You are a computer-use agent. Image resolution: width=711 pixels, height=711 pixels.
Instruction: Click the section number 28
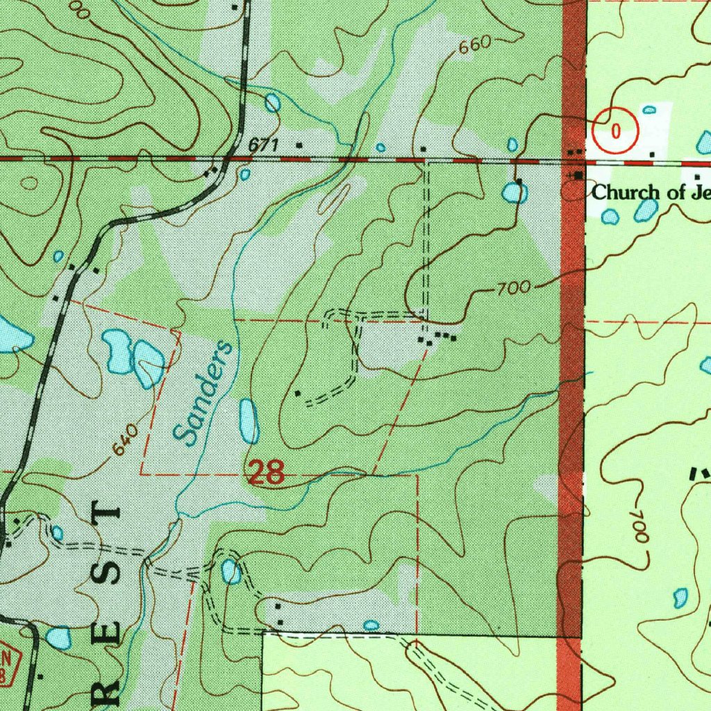click(x=266, y=474)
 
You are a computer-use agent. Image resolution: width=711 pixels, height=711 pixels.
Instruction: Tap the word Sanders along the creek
click(x=202, y=392)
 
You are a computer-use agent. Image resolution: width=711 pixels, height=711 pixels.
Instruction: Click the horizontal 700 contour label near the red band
click(x=514, y=287)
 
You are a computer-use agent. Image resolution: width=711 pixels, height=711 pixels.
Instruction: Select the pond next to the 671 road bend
click(x=272, y=103)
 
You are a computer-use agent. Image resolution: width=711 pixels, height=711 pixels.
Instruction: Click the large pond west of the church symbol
click(x=515, y=192)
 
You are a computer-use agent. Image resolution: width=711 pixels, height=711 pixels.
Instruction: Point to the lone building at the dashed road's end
click(x=298, y=394)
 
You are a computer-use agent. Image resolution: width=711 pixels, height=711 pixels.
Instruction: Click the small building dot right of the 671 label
click(x=299, y=145)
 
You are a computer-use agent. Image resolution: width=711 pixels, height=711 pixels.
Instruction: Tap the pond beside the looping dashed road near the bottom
click(x=231, y=572)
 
